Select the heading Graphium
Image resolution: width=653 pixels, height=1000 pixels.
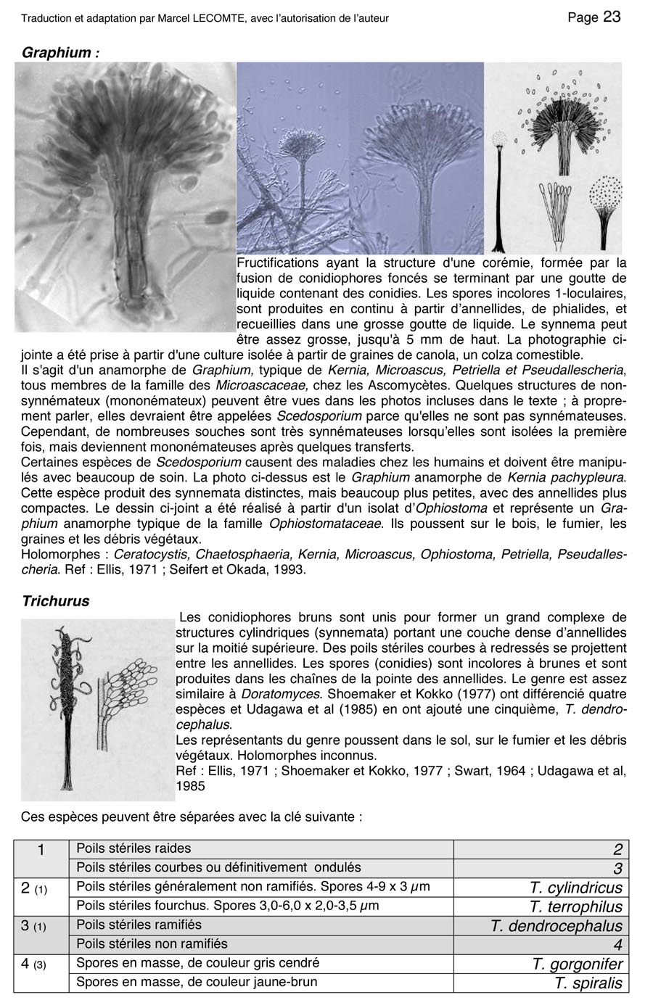pos(60,52)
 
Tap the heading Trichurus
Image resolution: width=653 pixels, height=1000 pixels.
pos(56,600)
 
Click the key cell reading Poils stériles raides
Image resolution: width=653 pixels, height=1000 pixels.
pos(134,848)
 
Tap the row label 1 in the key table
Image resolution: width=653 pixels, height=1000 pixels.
pos(41,850)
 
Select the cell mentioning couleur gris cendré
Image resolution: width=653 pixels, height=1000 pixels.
pos(197,963)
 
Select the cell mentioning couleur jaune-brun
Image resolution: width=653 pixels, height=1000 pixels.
pos(197,982)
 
